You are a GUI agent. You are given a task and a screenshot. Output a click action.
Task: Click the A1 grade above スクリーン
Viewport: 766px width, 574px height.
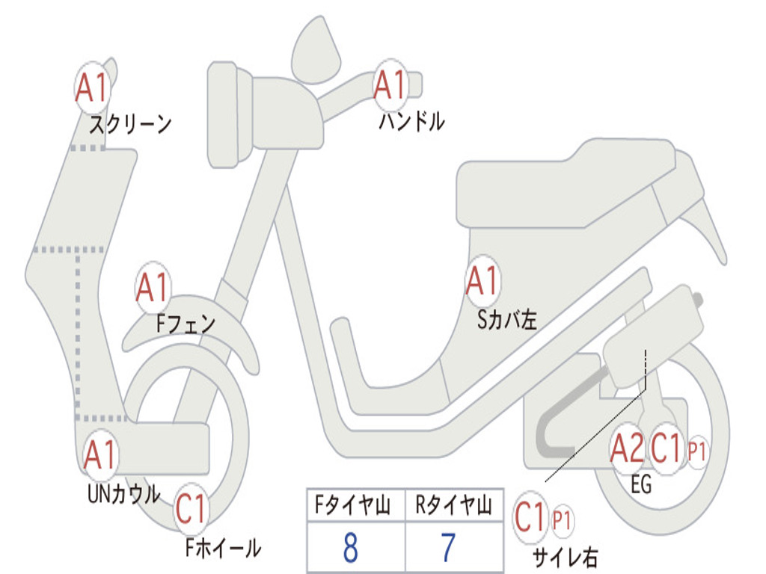(93, 88)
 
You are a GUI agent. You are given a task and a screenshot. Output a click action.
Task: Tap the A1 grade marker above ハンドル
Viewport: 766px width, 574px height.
(390, 84)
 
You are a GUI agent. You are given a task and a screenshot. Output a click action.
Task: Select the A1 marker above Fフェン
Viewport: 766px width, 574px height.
(153, 288)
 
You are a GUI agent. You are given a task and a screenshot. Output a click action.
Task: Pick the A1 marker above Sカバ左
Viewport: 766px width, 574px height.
(482, 282)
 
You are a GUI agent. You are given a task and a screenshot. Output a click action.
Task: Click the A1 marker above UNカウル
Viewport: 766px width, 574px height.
(99, 454)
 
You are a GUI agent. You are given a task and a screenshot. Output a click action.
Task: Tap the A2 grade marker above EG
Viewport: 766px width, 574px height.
(627, 449)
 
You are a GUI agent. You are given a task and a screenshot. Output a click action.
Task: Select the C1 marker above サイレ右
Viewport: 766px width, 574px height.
(532, 517)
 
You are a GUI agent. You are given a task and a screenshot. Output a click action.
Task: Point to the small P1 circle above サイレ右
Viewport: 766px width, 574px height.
(562, 520)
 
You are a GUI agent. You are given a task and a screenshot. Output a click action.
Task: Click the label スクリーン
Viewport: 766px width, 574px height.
(130, 124)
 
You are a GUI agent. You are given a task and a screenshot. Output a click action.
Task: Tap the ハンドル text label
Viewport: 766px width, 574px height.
(411, 121)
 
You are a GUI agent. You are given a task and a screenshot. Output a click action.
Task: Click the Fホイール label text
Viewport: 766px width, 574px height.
(223, 548)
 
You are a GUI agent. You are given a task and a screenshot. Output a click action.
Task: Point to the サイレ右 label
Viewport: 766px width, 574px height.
(565, 556)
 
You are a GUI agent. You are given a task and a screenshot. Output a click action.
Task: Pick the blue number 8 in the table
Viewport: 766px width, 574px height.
(349, 549)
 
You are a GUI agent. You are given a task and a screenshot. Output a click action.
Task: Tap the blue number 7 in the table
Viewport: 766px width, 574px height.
(448, 549)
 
